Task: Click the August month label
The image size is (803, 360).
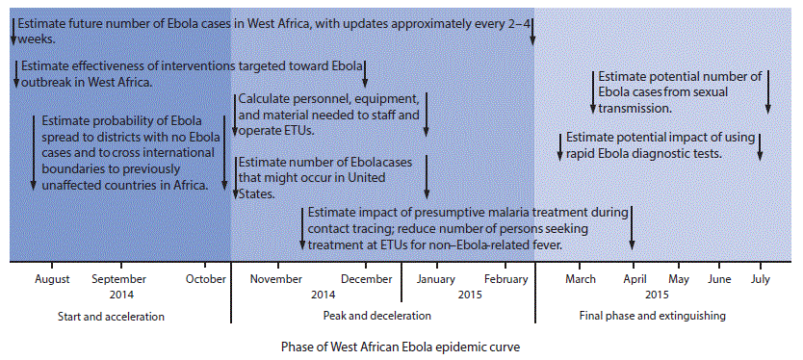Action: coord(52,279)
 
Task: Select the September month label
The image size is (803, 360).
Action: coord(118,279)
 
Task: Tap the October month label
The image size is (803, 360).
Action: coord(205,279)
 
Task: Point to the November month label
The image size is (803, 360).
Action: coord(276,279)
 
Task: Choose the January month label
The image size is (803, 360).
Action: coord(435,279)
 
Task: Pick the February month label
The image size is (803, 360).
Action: coord(505,279)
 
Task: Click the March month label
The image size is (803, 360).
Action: coord(581,279)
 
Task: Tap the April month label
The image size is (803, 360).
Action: coord(634,279)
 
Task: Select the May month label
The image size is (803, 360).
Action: coord(679,279)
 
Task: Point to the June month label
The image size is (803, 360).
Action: coord(719,279)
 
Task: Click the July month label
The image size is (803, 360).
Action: coord(760,279)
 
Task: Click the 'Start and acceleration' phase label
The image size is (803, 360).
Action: coord(111,316)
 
